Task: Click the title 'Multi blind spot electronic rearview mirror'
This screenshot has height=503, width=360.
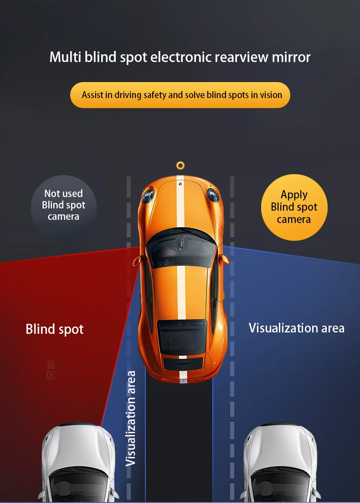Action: (180, 57)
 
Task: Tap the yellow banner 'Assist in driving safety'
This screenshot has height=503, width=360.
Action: (180, 95)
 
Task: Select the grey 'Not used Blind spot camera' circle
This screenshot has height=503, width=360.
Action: (64, 206)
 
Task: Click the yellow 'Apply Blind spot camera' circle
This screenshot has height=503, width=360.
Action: (294, 207)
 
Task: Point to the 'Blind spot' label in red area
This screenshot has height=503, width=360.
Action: (55, 329)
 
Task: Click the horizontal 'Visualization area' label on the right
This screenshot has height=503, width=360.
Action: (296, 328)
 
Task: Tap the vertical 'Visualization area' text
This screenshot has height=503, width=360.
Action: (131, 418)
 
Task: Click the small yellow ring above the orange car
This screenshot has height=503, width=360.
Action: (180, 165)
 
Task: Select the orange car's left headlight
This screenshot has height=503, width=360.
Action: (147, 196)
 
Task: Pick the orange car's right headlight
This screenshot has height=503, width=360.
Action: (212, 195)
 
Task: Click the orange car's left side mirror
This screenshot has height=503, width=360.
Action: (137, 261)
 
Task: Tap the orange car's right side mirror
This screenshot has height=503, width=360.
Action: (224, 259)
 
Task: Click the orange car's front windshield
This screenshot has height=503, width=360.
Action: (181, 249)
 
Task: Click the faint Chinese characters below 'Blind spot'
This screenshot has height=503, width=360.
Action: (51, 370)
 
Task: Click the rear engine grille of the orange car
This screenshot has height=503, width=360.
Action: (183, 363)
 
